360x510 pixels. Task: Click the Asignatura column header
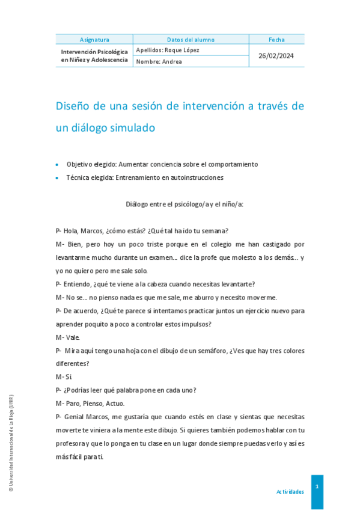click(94, 40)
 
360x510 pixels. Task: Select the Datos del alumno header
click(191, 40)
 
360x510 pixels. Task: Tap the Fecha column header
click(276, 40)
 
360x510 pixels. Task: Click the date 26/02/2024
click(276, 55)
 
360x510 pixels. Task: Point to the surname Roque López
click(182, 50)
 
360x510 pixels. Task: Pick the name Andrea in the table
click(171, 61)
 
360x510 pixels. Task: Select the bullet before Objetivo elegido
click(57, 164)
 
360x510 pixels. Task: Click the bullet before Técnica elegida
click(57, 178)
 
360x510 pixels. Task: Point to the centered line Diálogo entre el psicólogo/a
click(184, 204)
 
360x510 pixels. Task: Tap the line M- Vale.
click(68, 337)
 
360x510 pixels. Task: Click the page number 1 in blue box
click(317, 486)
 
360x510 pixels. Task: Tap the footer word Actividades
click(290, 492)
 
